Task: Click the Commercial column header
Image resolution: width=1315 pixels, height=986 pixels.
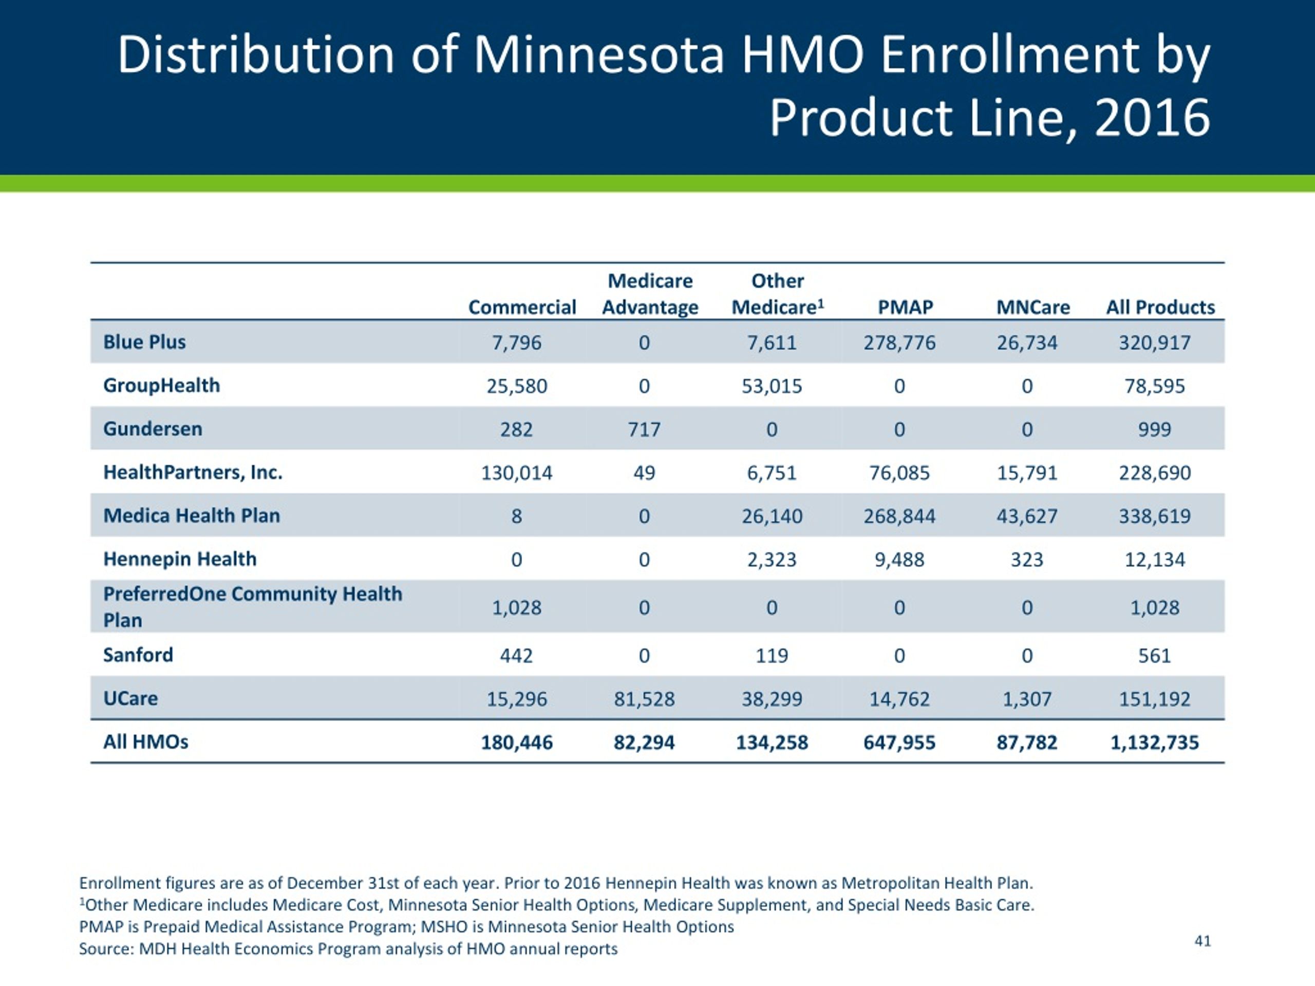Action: (x=522, y=307)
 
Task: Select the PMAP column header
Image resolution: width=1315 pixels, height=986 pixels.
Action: (x=906, y=307)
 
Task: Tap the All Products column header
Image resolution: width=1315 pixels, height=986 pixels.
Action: (x=1160, y=307)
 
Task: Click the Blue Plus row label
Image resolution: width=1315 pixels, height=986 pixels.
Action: (x=144, y=343)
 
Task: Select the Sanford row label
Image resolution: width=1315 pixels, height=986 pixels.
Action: (x=138, y=655)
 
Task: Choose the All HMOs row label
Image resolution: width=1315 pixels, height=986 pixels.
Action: (x=146, y=742)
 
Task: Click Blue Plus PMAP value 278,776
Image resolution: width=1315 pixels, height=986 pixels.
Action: (x=899, y=343)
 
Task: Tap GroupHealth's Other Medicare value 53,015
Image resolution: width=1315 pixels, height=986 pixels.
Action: (x=772, y=386)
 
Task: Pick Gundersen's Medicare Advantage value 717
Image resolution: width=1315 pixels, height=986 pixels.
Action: (x=645, y=430)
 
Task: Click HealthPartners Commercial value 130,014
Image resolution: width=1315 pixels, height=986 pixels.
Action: (x=517, y=473)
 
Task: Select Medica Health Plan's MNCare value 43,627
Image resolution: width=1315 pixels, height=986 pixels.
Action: (x=1027, y=516)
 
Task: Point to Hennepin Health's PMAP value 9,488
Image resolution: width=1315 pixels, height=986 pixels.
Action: (x=899, y=560)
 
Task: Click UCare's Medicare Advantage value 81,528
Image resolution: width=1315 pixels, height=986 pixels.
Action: (x=645, y=699)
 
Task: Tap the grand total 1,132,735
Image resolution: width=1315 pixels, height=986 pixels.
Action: (x=1155, y=742)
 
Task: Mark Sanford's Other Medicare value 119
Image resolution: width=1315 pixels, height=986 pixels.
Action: (x=772, y=656)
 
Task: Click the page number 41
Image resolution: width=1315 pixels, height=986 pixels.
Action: (x=1203, y=941)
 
